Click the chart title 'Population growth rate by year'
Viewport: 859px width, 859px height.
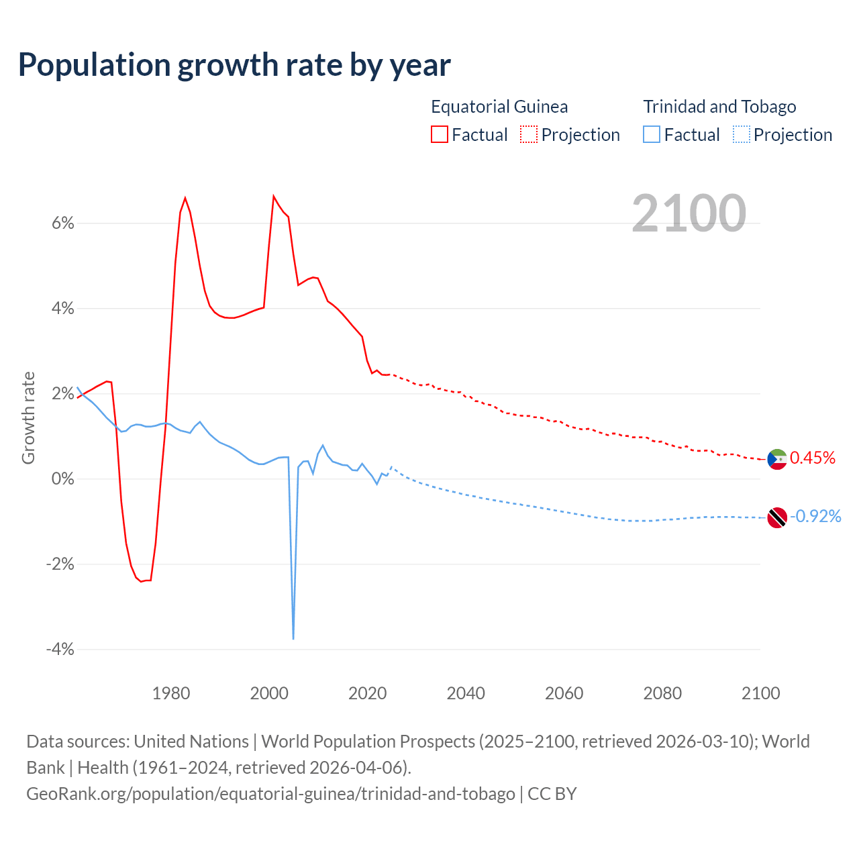234,65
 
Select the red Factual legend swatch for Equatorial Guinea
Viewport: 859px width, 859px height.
440,135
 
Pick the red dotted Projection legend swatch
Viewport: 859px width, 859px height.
529,135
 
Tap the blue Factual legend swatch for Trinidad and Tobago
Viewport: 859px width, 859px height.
652,135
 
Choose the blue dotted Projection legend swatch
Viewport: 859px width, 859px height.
742,135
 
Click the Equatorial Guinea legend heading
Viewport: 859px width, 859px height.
499,107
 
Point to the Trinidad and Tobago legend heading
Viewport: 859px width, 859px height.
719,107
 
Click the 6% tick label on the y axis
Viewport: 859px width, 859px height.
63,223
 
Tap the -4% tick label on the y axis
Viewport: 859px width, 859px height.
60,649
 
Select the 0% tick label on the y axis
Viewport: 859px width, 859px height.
63,479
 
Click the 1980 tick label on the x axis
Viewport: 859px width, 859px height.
171,693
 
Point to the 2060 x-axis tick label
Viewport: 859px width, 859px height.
564,693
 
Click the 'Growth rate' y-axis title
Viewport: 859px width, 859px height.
28,417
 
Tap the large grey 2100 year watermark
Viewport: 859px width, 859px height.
689,213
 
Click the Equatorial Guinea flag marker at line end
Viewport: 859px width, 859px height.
777,460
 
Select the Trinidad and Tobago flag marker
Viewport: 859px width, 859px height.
777,517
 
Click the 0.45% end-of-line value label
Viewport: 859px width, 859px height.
813,458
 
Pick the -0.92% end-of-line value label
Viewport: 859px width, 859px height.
815,516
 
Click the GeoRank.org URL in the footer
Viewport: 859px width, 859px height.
270,794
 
